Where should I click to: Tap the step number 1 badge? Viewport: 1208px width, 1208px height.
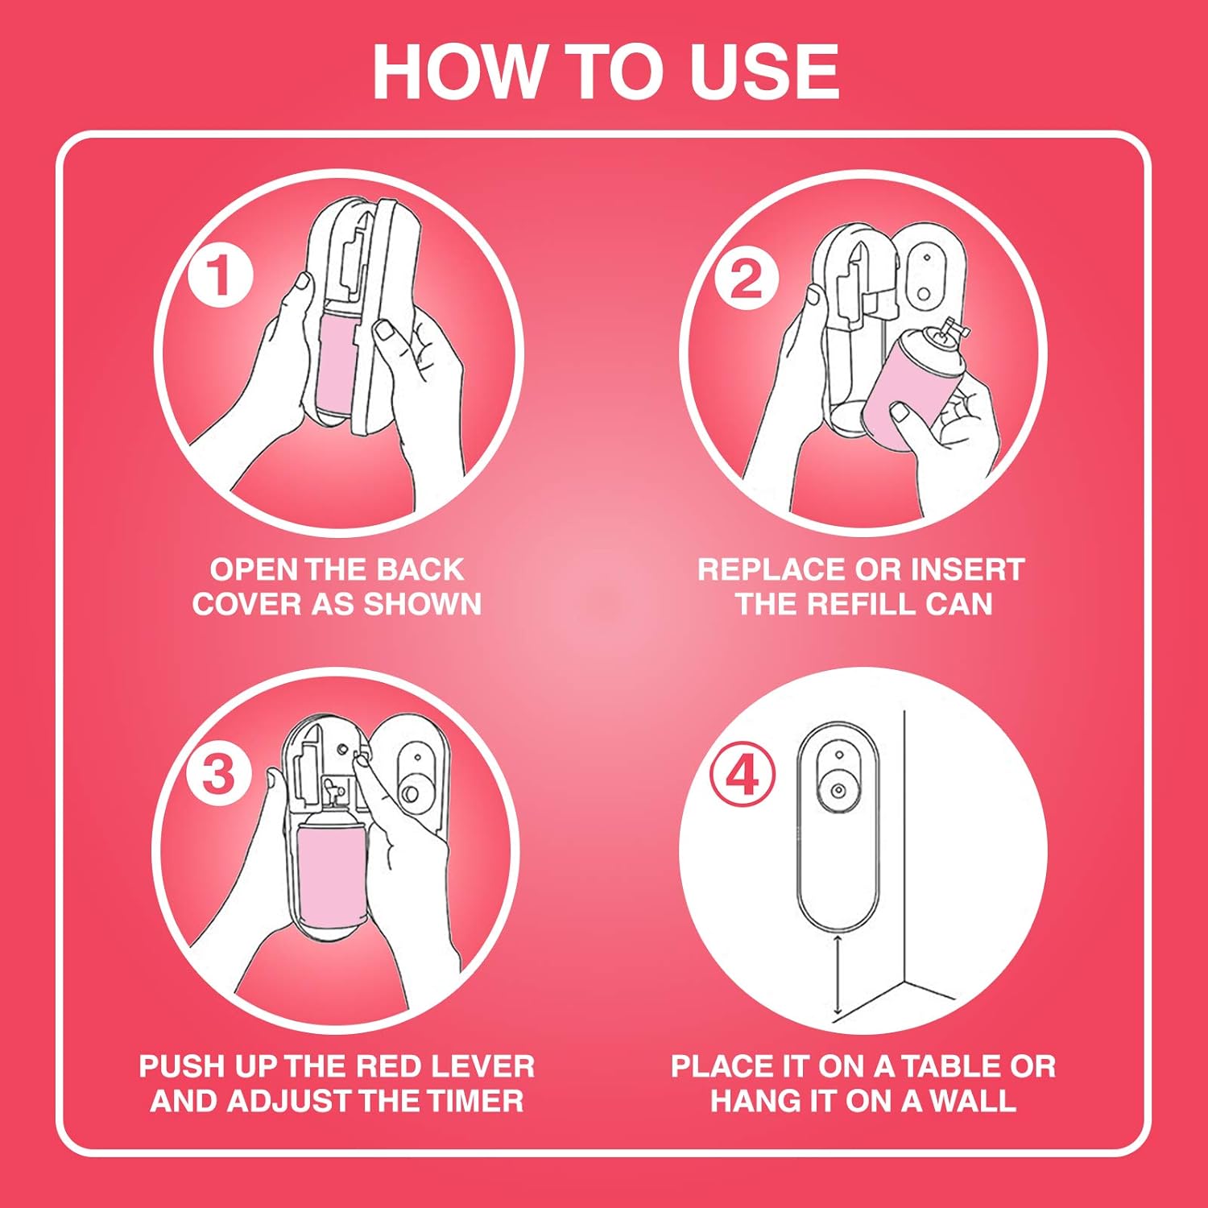(x=221, y=276)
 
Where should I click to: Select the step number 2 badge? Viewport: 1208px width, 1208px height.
(x=746, y=279)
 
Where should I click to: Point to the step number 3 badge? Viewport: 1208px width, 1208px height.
(x=218, y=775)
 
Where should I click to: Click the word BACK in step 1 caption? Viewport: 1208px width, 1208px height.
(x=420, y=569)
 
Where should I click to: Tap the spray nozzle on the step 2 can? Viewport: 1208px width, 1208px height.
(x=950, y=328)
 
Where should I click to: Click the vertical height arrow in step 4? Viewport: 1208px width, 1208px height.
(x=838, y=974)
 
